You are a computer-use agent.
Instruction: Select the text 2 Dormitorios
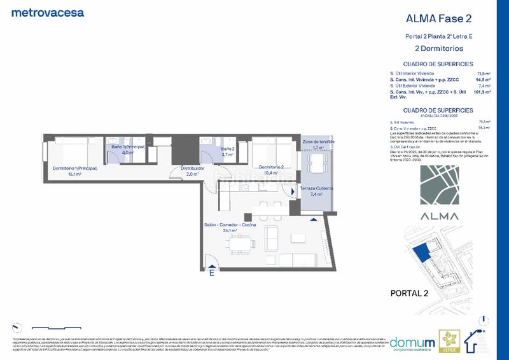pos(434,48)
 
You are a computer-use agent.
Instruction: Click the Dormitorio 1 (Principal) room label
pos(72,170)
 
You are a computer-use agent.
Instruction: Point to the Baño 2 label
pos(228,151)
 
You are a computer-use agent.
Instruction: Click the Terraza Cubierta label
pos(318,191)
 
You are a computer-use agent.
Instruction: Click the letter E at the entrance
pos(212,274)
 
